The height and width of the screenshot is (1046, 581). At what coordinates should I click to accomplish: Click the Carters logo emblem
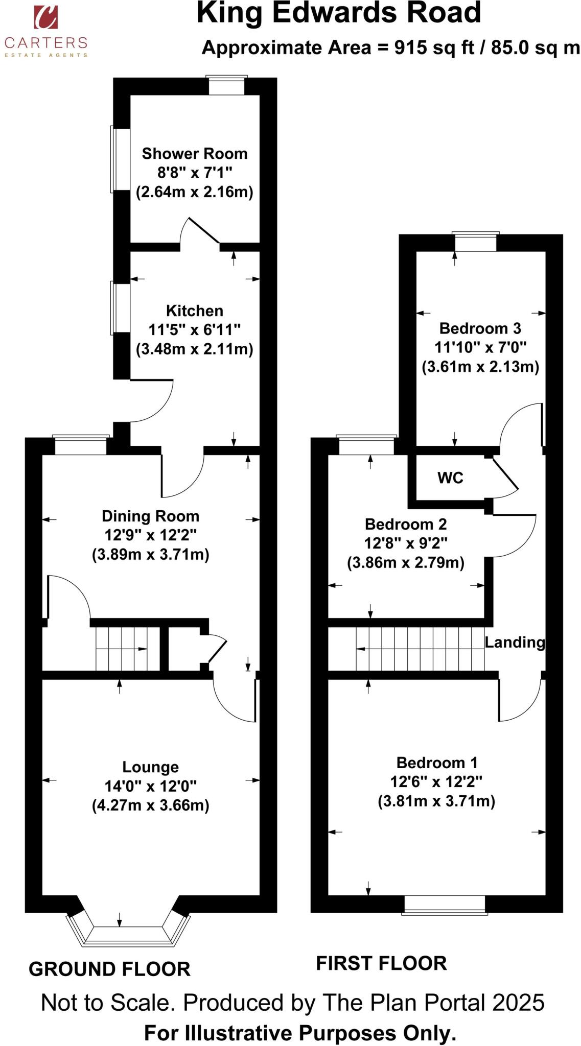tap(45, 17)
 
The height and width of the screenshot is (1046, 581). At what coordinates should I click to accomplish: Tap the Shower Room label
tap(194, 153)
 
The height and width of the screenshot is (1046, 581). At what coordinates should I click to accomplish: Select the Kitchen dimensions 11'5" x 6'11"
tap(194, 329)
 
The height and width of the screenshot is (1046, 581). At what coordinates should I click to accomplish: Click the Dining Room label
tap(150, 516)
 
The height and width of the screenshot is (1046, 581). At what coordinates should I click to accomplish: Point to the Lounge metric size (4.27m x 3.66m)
tap(150, 805)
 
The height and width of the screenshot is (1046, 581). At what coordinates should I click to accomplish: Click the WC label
tap(450, 478)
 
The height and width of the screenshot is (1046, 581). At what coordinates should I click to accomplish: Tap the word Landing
tap(515, 642)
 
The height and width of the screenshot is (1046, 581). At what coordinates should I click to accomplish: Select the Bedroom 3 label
tap(480, 328)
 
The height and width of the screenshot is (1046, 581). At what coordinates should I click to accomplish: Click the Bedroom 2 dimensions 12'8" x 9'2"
tap(406, 543)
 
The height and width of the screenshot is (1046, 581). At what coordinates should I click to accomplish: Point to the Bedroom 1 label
tap(437, 763)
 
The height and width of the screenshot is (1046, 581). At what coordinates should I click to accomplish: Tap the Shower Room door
tap(203, 231)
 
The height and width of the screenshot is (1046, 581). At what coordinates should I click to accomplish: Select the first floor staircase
tap(419, 649)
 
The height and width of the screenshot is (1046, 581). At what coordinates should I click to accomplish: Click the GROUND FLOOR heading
tap(109, 968)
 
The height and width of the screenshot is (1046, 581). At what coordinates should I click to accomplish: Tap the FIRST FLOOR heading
tap(381, 963)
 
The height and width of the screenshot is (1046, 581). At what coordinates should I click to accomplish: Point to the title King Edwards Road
tap(338, 13)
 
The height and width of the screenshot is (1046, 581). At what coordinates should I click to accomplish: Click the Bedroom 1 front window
tap(444, 904)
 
